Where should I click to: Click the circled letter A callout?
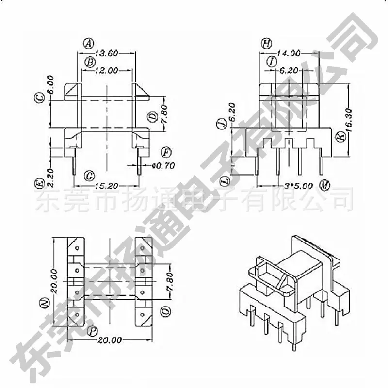[88, 44]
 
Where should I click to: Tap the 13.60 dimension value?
[107, 53]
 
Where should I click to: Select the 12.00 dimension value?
[107, 71]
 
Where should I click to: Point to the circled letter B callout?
[90, 62]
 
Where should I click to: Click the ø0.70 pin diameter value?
[163, 165]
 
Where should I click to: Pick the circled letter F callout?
[166, 152]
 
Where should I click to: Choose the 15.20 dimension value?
[107, 186]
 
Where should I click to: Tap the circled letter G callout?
[89, 176]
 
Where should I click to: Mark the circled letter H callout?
[266, 44]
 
